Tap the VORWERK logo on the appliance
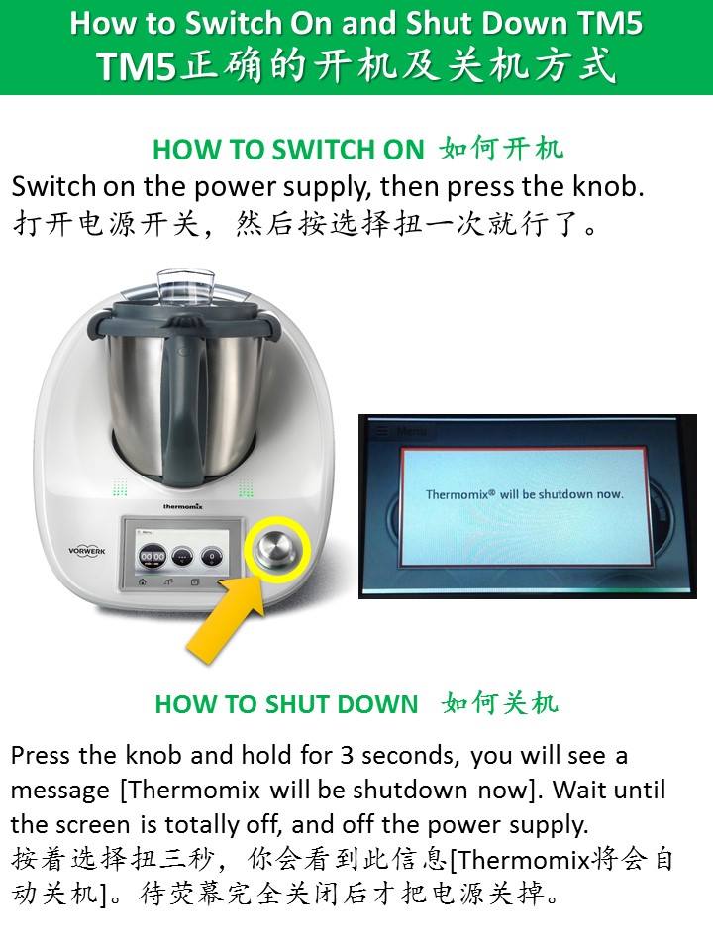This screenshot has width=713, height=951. (87, 551)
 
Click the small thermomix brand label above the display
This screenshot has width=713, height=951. (182, 506)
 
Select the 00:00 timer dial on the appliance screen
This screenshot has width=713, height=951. (153, 556)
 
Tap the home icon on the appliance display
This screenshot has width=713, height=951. (142, 582)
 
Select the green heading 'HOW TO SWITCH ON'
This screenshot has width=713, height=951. (288, 150)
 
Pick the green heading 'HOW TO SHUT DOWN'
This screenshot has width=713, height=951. (287, 704)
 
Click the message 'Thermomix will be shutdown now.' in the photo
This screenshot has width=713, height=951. (525, 493)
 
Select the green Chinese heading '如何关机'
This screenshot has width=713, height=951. (500, 703)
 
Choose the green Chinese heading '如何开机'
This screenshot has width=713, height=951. (502, 149)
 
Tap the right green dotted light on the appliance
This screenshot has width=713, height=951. (246, 487)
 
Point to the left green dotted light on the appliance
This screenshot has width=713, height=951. (120, 487)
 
